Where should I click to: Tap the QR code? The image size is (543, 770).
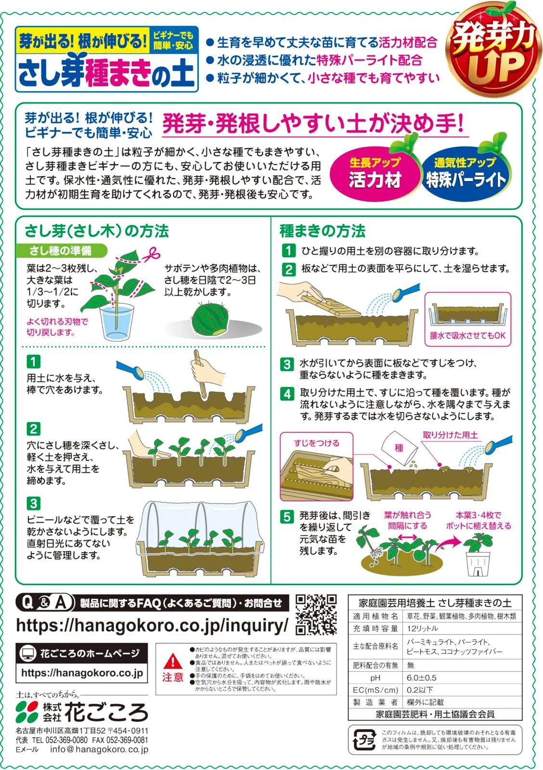point(316,615)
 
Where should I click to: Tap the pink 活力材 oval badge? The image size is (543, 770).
point(375,174)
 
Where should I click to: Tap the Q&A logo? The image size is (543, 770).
point(45,603)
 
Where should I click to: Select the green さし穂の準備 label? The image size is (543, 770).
point(61,251)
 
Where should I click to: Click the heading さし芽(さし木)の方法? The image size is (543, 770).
point(97,231)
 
